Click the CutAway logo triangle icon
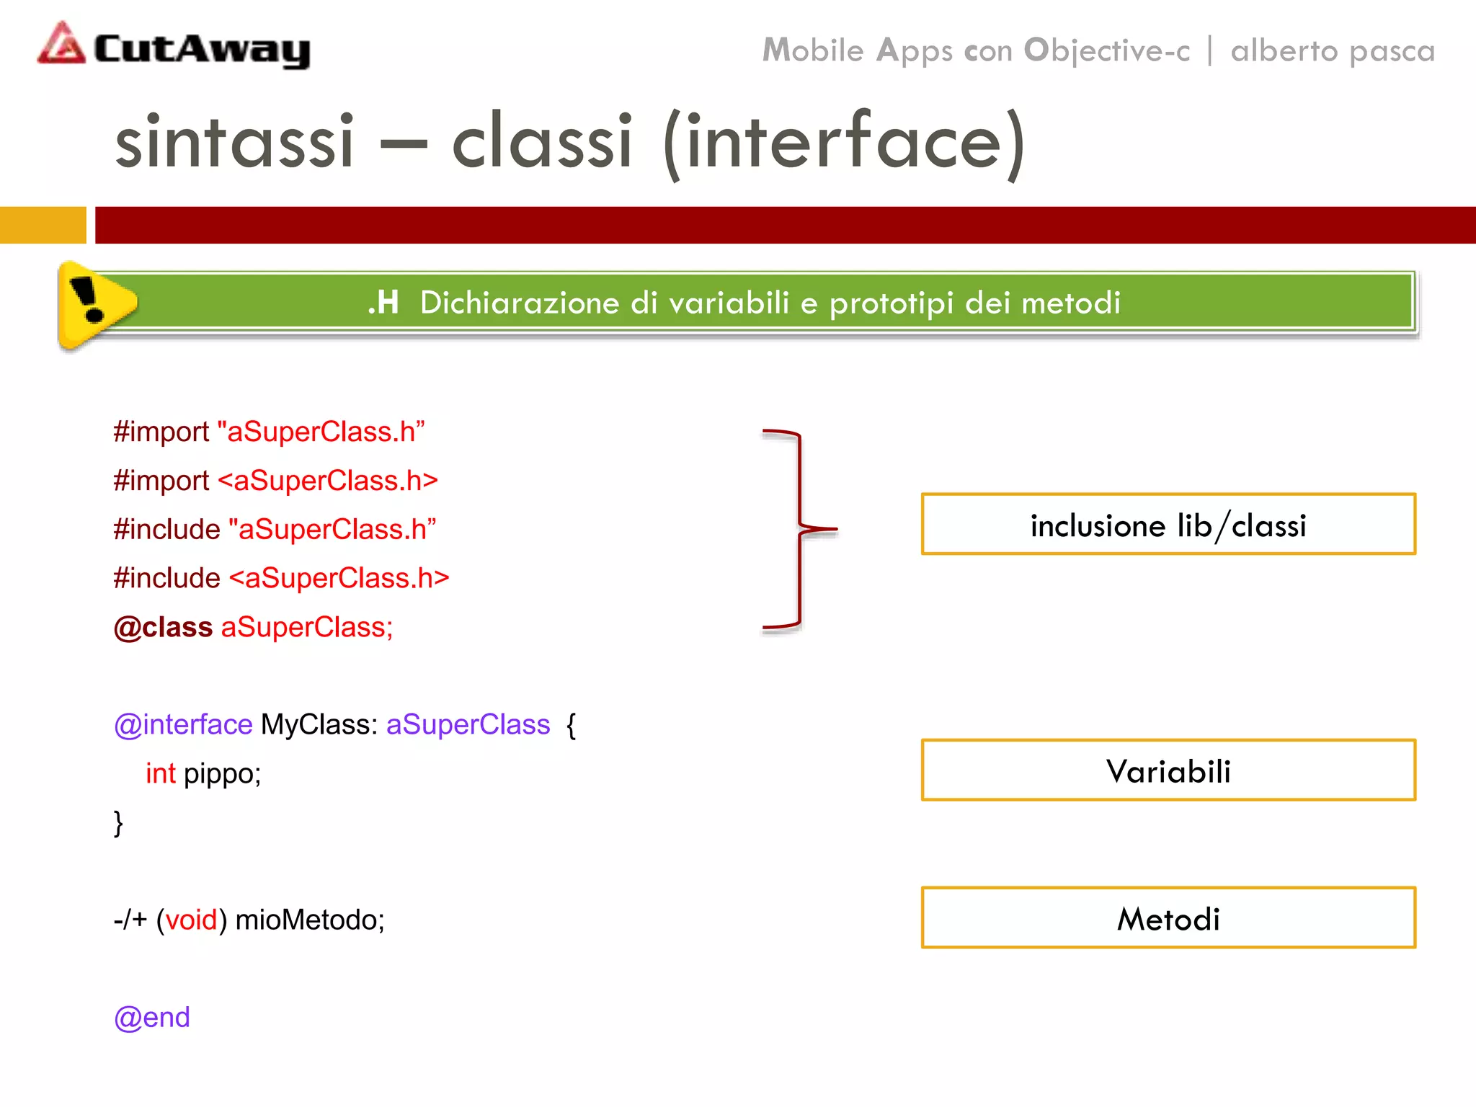[x=62, y=45]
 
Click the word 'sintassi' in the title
[x=234, y=141]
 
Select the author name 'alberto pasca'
[x=1333, y=51]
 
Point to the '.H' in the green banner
[x=383, y=303]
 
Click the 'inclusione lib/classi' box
[x=1168, y=525]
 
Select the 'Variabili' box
[x=1168, y=770]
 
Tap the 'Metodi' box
[x=1168, y=917]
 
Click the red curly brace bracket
[x=799, y=530]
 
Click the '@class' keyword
[x=163, y=627]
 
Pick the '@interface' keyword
[x=183, y=724]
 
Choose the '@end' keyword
[x=152, y=1017]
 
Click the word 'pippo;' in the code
[x=222, y=773]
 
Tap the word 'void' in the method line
[x=191, y=920]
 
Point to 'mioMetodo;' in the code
[x=310, y=920]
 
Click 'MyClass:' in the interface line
[x=319, y=724]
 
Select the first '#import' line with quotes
[x=269, y=432]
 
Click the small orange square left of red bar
[x=43, y=225]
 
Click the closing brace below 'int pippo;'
[x=118, y=823]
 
